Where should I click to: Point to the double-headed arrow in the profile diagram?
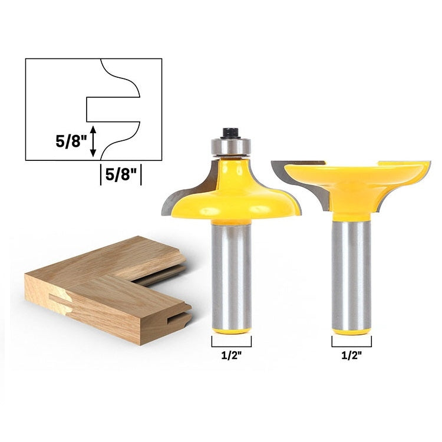point(93,141)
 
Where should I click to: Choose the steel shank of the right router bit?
point(351,271)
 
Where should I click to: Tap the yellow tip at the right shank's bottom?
point(351,331)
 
